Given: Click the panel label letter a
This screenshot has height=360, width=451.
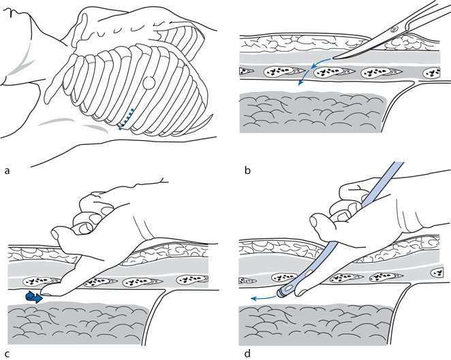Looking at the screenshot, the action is point(7,171).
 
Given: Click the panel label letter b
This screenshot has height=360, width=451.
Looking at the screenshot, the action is point(247,170).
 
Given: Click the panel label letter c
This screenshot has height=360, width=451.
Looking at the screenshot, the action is point(7,353).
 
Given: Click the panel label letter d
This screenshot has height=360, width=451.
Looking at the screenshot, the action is point(247,353).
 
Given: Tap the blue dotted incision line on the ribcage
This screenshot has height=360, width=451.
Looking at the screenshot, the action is point(126,119).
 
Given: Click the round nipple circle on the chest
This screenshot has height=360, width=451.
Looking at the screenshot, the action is point(149,83).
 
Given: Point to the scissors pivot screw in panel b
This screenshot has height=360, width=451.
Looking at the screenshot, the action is point(394,29).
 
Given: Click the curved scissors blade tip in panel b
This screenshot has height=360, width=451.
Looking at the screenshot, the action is point(333,59).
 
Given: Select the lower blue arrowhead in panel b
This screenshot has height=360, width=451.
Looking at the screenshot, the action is point(300,83).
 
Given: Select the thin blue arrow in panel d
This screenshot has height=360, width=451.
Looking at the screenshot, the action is point(263,297).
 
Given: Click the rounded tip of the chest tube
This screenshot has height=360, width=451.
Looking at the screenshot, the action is point(281,292).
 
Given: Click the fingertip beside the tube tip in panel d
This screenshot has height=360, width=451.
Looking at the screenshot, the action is point(301,293).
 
